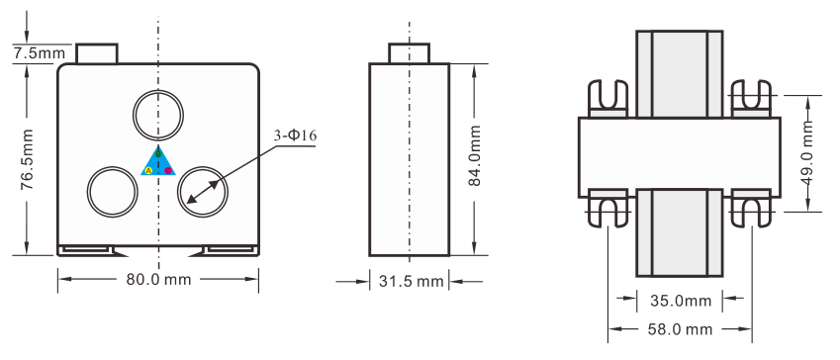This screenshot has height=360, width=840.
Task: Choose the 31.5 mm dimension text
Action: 411,282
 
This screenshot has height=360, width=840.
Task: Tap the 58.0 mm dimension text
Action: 680,328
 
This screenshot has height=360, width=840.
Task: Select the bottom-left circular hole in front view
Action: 113,190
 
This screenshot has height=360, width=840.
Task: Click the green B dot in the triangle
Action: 158,155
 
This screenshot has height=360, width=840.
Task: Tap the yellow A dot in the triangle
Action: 148,171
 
